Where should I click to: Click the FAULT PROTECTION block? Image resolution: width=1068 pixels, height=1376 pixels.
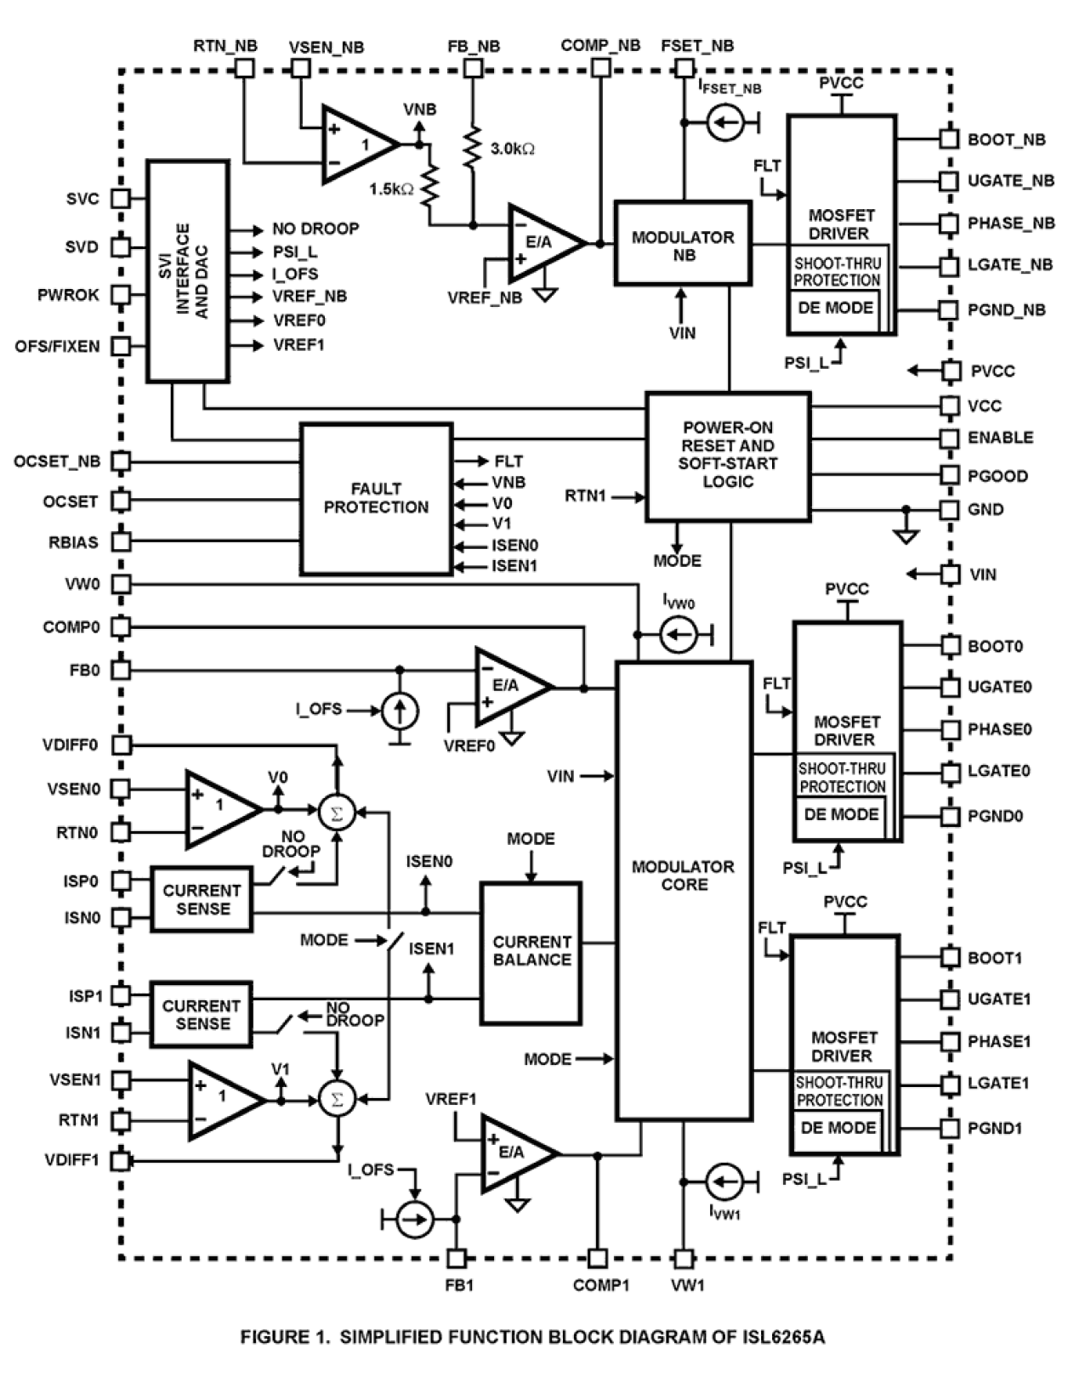coord(376,499)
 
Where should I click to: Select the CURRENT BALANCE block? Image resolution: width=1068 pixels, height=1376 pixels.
coord(531,952)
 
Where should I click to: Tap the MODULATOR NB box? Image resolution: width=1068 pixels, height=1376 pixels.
coord(683,243)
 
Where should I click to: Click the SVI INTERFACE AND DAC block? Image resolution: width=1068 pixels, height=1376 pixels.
coord(188,270)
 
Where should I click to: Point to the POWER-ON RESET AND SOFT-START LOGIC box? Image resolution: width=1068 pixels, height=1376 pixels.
coord(727,456)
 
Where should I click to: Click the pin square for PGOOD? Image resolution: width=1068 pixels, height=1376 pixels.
coord(950,475)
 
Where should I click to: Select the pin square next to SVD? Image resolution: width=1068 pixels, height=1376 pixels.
coord(122,247)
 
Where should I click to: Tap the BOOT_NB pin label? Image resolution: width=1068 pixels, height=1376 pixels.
coord(1006,139)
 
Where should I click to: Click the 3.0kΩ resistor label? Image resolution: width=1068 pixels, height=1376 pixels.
coord(513,149)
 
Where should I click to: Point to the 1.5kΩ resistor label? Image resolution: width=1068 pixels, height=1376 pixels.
coord(391,189)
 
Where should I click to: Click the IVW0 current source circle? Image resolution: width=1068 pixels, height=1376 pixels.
coord(678,635)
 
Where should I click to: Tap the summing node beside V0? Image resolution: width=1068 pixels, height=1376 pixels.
coord(336,812)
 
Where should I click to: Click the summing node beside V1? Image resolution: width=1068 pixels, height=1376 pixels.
coord(336,1099)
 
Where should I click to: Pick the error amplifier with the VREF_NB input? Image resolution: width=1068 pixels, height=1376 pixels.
coord(542,244)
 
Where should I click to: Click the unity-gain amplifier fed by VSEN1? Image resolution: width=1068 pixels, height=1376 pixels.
coord(220,1099)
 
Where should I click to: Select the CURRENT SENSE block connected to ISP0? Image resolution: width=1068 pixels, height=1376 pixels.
coord(202,899)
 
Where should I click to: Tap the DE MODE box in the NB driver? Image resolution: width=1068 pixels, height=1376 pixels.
coord(835,308)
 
